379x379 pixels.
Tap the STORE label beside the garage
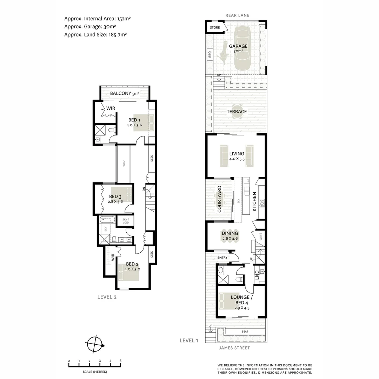[x=215, y=28]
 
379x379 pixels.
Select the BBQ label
[x=210, y=54]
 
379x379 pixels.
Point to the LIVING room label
[x=237, y=154]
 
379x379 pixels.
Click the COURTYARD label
[x=219, y=199]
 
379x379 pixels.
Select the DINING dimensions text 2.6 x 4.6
[x=230, y=239]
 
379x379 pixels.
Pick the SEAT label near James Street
[x=245, y=332]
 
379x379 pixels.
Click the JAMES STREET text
[x=234, y=348]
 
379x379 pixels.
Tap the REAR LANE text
[x=237, y=15]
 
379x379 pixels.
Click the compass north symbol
[x=95, y=344]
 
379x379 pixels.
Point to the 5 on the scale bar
[x=120, y=361]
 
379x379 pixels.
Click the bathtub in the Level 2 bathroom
[x=107, y=220]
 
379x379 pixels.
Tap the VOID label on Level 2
[x=124, y=163]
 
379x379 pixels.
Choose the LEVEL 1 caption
[x=189, y=340]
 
